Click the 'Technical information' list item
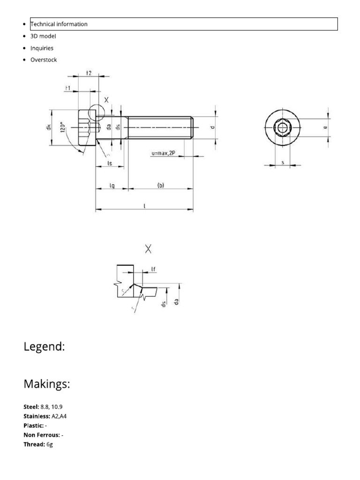59,24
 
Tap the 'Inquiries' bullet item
42,48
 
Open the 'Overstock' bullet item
44,60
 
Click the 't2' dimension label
89,73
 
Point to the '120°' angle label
62,128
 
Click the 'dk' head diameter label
48,127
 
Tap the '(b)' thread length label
160,185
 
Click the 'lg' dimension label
112,185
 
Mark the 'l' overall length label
144,205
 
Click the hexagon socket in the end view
282,128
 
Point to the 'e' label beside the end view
325,127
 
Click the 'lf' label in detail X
153,269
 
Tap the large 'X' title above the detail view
149,249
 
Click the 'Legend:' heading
44,347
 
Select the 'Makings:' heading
47,384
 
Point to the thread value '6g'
50,444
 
